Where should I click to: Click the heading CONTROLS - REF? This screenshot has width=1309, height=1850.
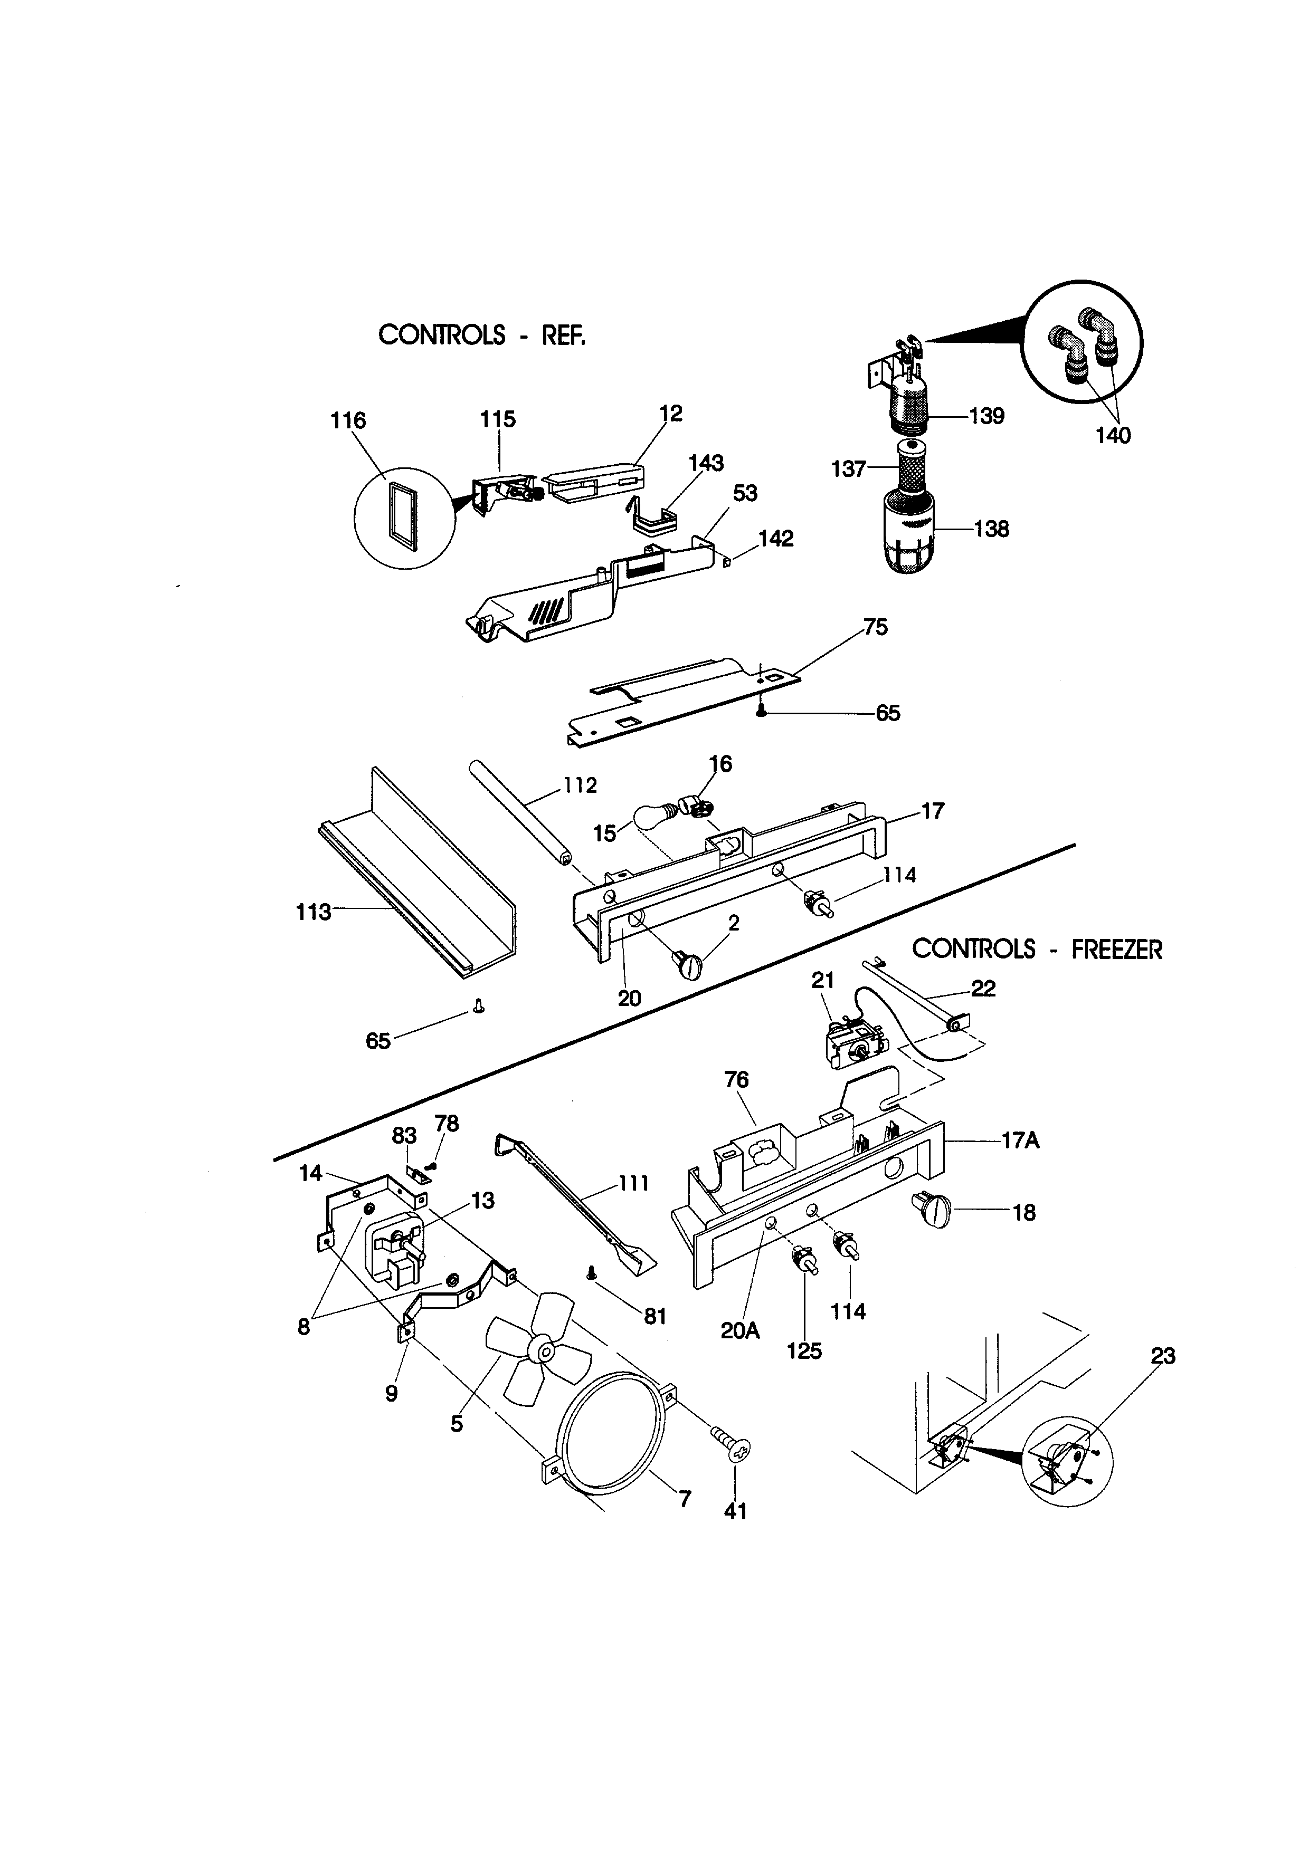[x=481, y=334]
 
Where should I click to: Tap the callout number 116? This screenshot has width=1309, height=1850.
[x=348, y=420]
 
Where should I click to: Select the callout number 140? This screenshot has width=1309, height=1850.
[x=1113, y=436]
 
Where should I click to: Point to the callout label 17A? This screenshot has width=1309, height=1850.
[x=1020, y=1141]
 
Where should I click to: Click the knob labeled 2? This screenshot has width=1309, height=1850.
[x=688, y=964]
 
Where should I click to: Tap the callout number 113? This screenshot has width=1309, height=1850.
[x=314, y=912]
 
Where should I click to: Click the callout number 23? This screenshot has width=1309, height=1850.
[x=1163, y=1357]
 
